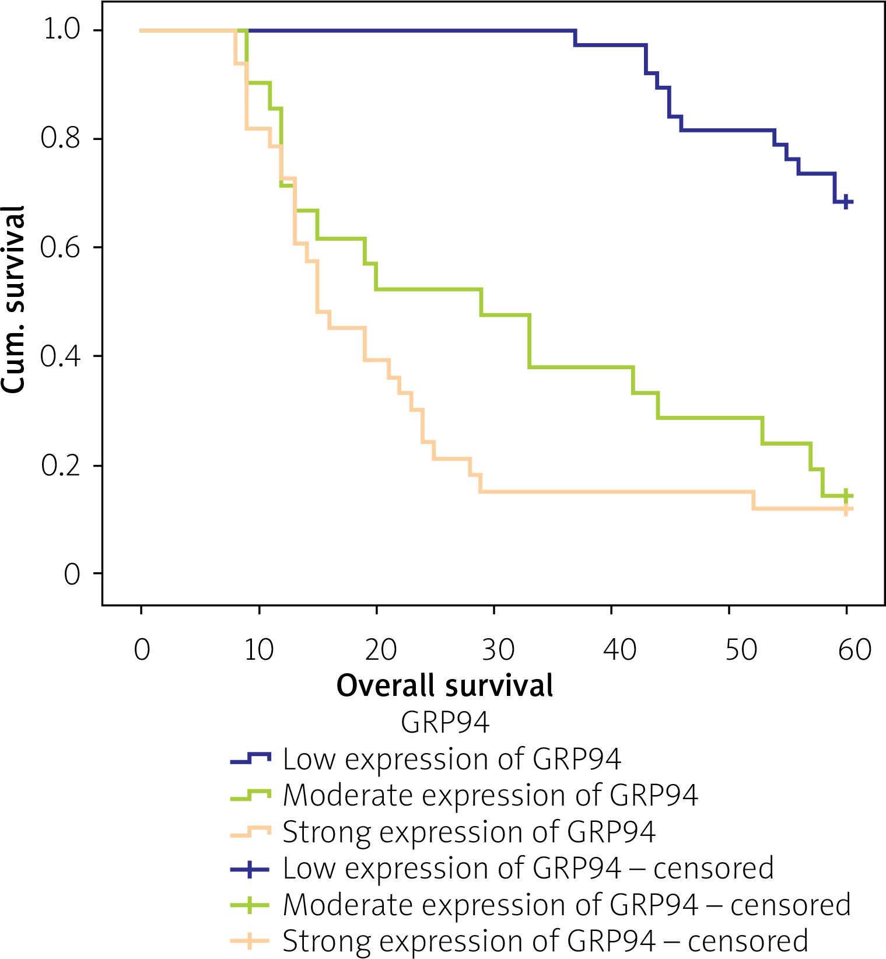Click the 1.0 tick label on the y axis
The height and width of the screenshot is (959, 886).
(x=62, y=29)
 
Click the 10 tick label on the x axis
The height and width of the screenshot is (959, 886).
(x=258, y=649)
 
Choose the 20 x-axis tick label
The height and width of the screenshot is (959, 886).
(x=381, y=649)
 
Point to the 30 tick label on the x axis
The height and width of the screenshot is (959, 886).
(x=499, y=649)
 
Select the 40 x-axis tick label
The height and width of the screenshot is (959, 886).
(x=619, y=649)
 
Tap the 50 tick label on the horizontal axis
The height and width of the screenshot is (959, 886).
(x=741, y=649)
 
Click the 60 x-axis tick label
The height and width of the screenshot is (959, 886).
(x=855, y=649)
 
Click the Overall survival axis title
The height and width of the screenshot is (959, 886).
(x=444, y=685)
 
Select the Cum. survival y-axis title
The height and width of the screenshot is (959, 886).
(x=13, y=299)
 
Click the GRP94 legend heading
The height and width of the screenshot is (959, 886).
(x=444, y=723)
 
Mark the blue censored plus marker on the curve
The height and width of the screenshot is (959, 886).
(x=846, y=202)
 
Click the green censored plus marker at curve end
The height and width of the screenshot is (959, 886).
(x=846, y=496)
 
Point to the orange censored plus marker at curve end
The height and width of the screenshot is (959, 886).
(x=846, y=509)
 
